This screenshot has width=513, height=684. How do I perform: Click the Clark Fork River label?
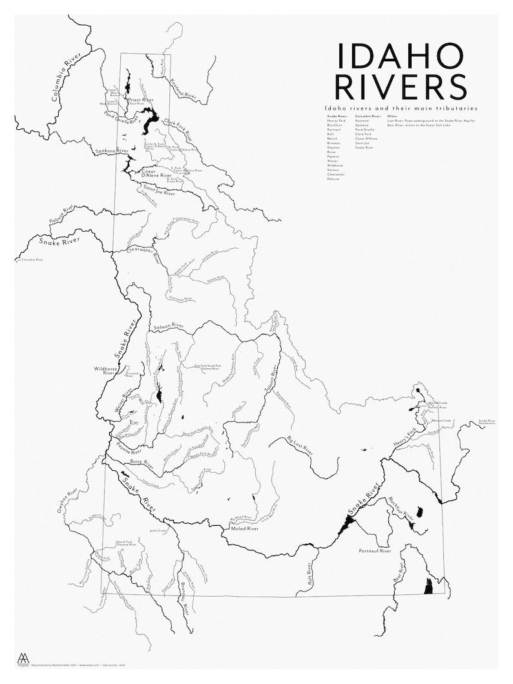(x=179, y=123)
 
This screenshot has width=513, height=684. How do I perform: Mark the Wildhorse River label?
(x=104, y=371)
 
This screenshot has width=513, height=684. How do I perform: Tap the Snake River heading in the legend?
(x=336, y=116)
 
